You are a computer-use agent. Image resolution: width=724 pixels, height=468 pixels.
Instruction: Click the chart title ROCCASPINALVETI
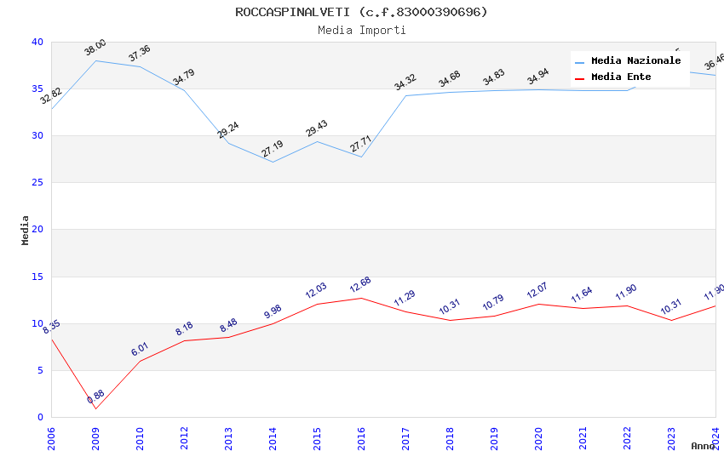point(361,12)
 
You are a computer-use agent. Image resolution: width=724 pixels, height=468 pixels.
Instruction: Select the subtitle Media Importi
point(361,30)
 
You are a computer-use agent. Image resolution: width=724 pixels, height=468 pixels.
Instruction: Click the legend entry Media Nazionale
point(635,61)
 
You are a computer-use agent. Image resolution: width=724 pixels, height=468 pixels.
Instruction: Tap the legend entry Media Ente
point(621,77)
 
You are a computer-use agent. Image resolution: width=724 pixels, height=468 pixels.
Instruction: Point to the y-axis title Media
point(26,230)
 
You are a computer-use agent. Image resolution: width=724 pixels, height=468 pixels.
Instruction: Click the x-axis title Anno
point(703,446)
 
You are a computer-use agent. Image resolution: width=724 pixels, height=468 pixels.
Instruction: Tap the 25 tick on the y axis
point(37,183)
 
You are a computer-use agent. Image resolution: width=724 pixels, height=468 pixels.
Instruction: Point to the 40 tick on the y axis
point(37,43)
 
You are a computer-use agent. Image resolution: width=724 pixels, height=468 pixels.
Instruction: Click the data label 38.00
point(95,48)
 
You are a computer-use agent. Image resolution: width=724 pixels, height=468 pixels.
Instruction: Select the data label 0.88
point(95,397)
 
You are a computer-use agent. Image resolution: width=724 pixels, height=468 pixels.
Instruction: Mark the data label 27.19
point(273,149)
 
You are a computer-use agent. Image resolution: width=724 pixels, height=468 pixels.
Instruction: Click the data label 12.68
point(360,285)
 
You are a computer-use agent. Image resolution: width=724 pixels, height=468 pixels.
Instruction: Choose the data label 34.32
point(405,83)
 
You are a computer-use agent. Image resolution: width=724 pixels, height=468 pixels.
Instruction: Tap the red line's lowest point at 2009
point(95,409)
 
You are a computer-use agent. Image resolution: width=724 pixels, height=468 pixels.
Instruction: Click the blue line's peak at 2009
point(95,60)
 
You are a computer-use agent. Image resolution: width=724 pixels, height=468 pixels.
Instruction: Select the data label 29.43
point(317,128)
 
